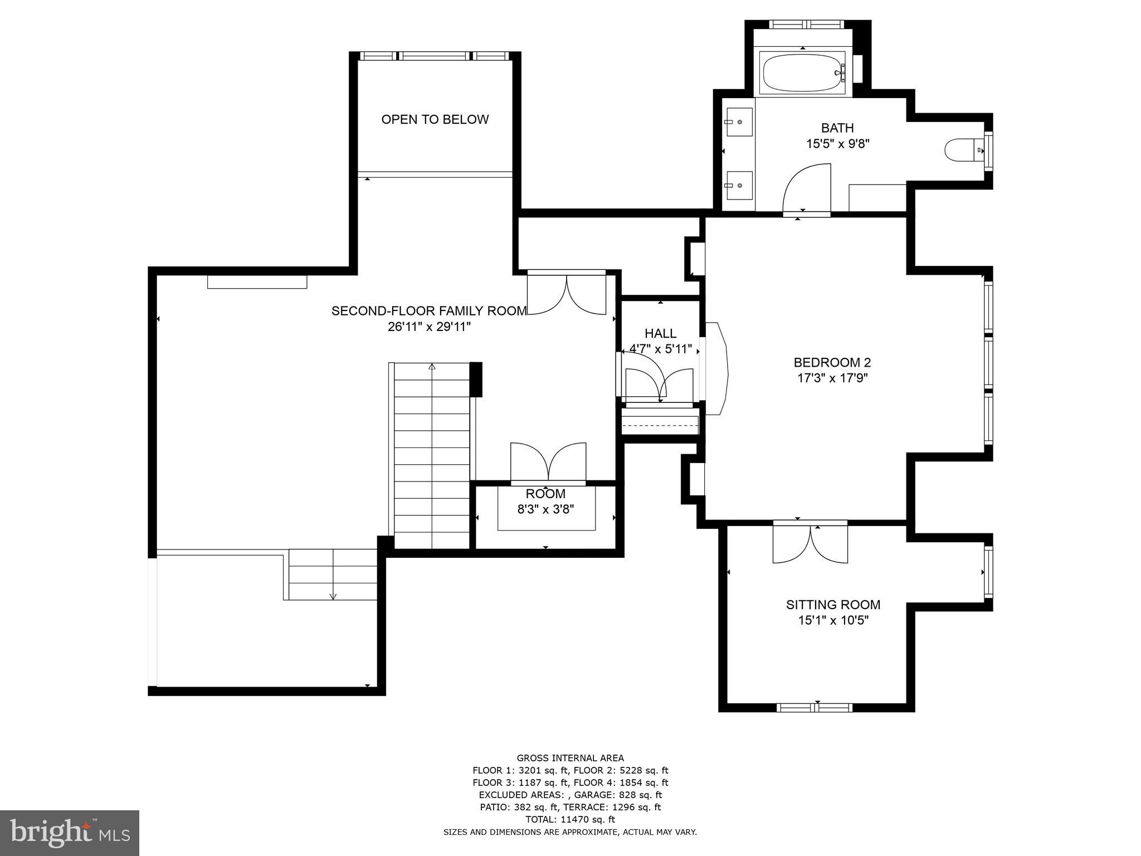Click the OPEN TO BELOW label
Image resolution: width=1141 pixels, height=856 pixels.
(435, 119)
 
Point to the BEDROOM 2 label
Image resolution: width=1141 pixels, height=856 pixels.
(832, 362)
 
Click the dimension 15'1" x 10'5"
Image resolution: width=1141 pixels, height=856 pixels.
(833, 620)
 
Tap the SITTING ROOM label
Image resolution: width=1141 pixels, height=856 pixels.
(833, 605)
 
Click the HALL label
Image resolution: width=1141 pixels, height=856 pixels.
(660, 333)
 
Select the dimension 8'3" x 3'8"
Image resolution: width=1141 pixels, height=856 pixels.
(545, 509)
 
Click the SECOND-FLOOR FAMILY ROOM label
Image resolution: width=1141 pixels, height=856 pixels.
(429, 311)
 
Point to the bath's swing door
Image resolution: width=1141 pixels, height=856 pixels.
(806, 189)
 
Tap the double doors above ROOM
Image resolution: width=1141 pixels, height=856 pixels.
(548, 461)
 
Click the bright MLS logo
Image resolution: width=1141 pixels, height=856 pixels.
(70, 833)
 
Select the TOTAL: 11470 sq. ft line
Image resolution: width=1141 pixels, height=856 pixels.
(570, 819)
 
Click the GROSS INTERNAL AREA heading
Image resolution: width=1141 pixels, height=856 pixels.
(570, 758)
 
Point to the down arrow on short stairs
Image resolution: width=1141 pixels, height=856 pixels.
(333, 595)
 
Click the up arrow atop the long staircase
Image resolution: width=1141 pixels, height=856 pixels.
(432, 367)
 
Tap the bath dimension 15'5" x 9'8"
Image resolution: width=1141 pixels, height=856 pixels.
(837, 144)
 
